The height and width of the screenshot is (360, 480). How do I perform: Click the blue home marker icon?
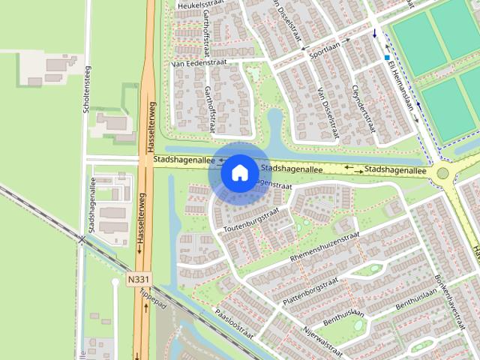click(239, 173)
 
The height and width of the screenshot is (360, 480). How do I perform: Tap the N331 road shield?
click(137, 279)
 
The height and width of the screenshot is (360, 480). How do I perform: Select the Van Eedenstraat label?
click(199, 64)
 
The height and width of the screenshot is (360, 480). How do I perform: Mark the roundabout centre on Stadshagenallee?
click(442, 174)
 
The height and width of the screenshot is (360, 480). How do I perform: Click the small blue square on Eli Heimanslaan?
click(387, 57)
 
